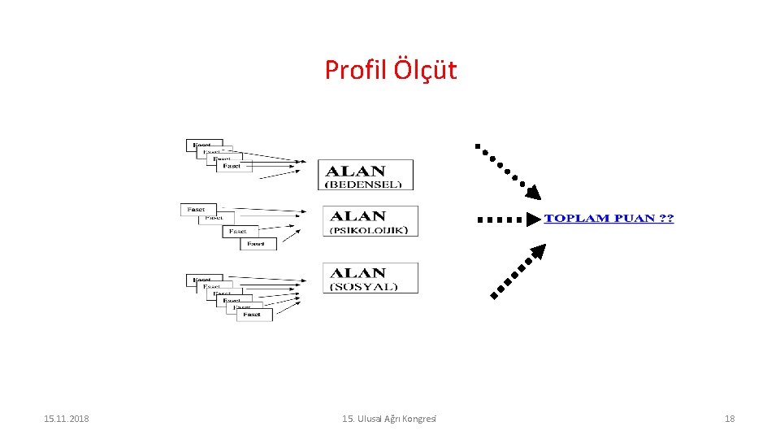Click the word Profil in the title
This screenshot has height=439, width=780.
pyautogui.click(x=356, y=70)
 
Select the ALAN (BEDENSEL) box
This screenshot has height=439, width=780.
pyautogui.click(x=366, y=175)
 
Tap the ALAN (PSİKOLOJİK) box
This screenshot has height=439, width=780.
pyautogui.click(x=371, y=221)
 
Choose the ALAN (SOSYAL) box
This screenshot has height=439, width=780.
pyautogui.click(x=370, y=278)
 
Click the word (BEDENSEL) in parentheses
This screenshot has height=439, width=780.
pyautogui.click(x=363, y=185)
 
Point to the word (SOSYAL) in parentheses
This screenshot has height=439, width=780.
pyautogui.click(x=364, y=287)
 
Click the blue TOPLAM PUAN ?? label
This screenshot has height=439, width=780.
pyautogui.click(x=609, y=219)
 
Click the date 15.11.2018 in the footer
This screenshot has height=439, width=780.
pyautogui.click(x=66, y=419)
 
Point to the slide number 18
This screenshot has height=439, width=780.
pyautogui.click(x=729, y=419)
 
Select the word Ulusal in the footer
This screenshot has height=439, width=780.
pyautogui.click(x=370, y=419)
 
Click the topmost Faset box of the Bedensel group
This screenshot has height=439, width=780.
pyautogui.click(x=203, y=145)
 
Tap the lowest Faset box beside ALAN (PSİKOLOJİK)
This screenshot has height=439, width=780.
pyautogui.click(x=257, y=243)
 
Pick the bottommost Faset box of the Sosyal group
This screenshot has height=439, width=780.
pyautogui.click(x=254, y=315)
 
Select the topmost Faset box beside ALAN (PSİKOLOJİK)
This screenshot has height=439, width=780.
pyautogui.click(x=197, y=209)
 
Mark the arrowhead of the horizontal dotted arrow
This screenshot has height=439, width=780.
pyautogui.click(x=533, y=219)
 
